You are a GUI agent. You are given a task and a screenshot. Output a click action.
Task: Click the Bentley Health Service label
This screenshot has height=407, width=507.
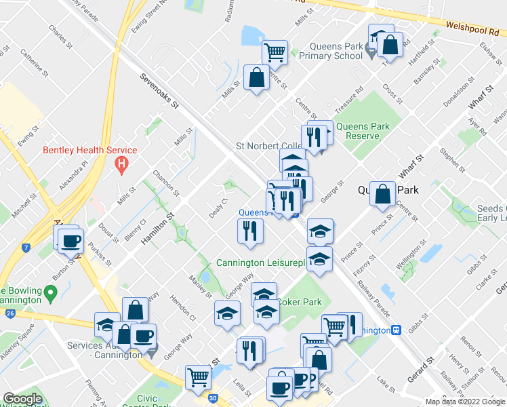90,150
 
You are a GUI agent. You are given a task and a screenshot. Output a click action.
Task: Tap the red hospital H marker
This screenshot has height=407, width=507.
121,163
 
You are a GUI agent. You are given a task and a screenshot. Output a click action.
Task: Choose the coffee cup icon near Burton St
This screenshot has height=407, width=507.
70,241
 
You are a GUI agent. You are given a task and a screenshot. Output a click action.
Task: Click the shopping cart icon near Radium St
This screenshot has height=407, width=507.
275,51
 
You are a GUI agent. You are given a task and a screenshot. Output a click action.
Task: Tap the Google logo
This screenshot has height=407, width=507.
22,399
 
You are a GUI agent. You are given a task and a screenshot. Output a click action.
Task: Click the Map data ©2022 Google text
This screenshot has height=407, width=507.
465,402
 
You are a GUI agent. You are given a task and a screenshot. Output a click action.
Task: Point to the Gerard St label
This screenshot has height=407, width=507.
425,369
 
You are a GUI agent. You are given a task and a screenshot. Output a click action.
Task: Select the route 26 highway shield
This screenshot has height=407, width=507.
9,313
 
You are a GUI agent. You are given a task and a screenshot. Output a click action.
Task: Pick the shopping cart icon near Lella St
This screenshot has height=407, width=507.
198,376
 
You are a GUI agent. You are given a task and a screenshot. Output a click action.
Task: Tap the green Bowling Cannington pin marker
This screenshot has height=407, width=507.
50,294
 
